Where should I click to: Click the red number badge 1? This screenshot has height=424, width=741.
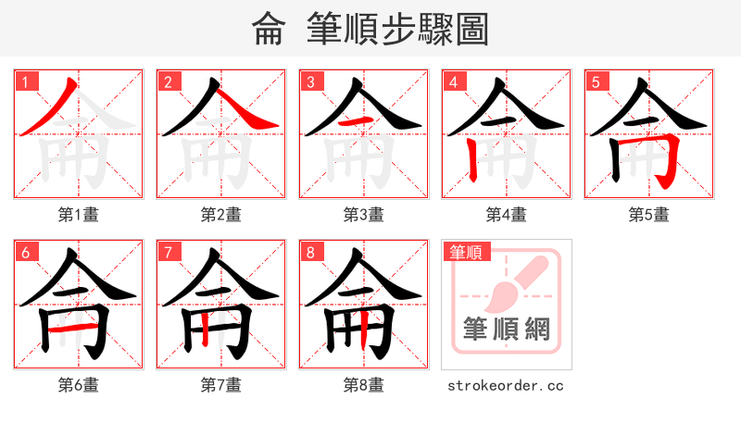click(x=25, y=81)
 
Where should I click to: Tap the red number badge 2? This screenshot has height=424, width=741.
click(x=168, y=81)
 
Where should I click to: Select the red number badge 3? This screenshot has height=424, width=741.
click(x=310, y=81)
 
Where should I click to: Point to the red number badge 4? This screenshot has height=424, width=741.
click(x=453, y=81)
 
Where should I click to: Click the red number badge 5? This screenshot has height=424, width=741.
click(x=596, y=81)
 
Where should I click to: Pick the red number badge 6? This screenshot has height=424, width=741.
click(x=25, y=252)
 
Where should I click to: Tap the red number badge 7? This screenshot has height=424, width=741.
click(x=168, y=252)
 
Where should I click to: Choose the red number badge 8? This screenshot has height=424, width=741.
click(x=310, y=252)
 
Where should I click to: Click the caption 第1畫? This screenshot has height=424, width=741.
click(x=79, y=215)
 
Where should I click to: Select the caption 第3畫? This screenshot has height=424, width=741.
click(x=364, y=215)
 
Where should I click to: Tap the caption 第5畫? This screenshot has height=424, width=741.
click(x=649, y=215)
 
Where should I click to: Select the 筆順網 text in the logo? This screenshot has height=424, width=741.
click(x=507, y=328)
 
